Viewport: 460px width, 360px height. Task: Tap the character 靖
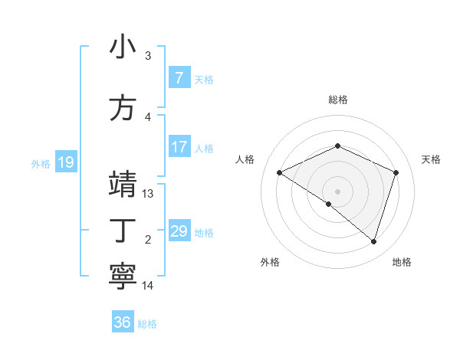(x=123, y=185)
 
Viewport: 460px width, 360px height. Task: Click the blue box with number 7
(x=179, y=78)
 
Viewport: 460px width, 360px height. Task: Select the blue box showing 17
(x=179, y=147)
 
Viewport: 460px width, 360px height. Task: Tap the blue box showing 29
(x=179, y=231)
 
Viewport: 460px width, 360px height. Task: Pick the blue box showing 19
(x=65, y=162)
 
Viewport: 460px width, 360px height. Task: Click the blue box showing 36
(x=122, y=322)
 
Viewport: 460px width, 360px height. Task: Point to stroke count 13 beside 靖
(x=148, y=194)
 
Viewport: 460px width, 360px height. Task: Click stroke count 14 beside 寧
(x=148, y=286)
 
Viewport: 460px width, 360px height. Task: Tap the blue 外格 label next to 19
(x=41, y=163)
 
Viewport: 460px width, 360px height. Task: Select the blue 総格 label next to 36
(x=147, y=324)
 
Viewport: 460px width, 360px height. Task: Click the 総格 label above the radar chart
(x=337, y=100)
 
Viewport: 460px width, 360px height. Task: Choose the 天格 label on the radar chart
(x=431, y=159)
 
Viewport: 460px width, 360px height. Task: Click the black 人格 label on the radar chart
(x=245, y=159)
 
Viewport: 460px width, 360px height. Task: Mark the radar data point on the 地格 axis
(x=373, y=242)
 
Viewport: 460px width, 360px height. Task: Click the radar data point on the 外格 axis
(x=329, y=204)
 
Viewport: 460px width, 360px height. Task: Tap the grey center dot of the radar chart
(x=337, y=191)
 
